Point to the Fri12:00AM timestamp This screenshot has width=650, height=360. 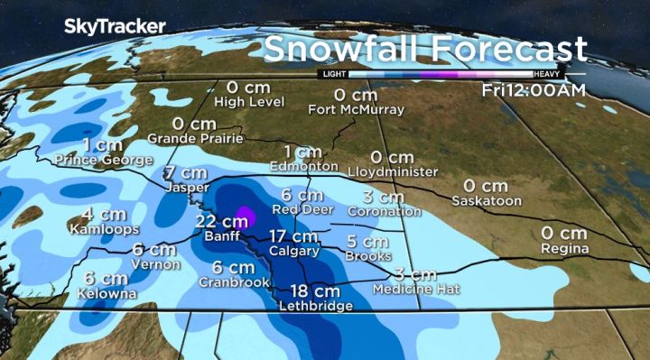point(532,89)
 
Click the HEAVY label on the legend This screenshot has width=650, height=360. point(548,74)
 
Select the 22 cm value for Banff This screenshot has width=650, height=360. point(215,221)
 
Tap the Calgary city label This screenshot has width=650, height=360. point(294,251)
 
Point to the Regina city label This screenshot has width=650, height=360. point(565,248)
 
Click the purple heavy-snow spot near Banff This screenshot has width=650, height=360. point(242,217)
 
